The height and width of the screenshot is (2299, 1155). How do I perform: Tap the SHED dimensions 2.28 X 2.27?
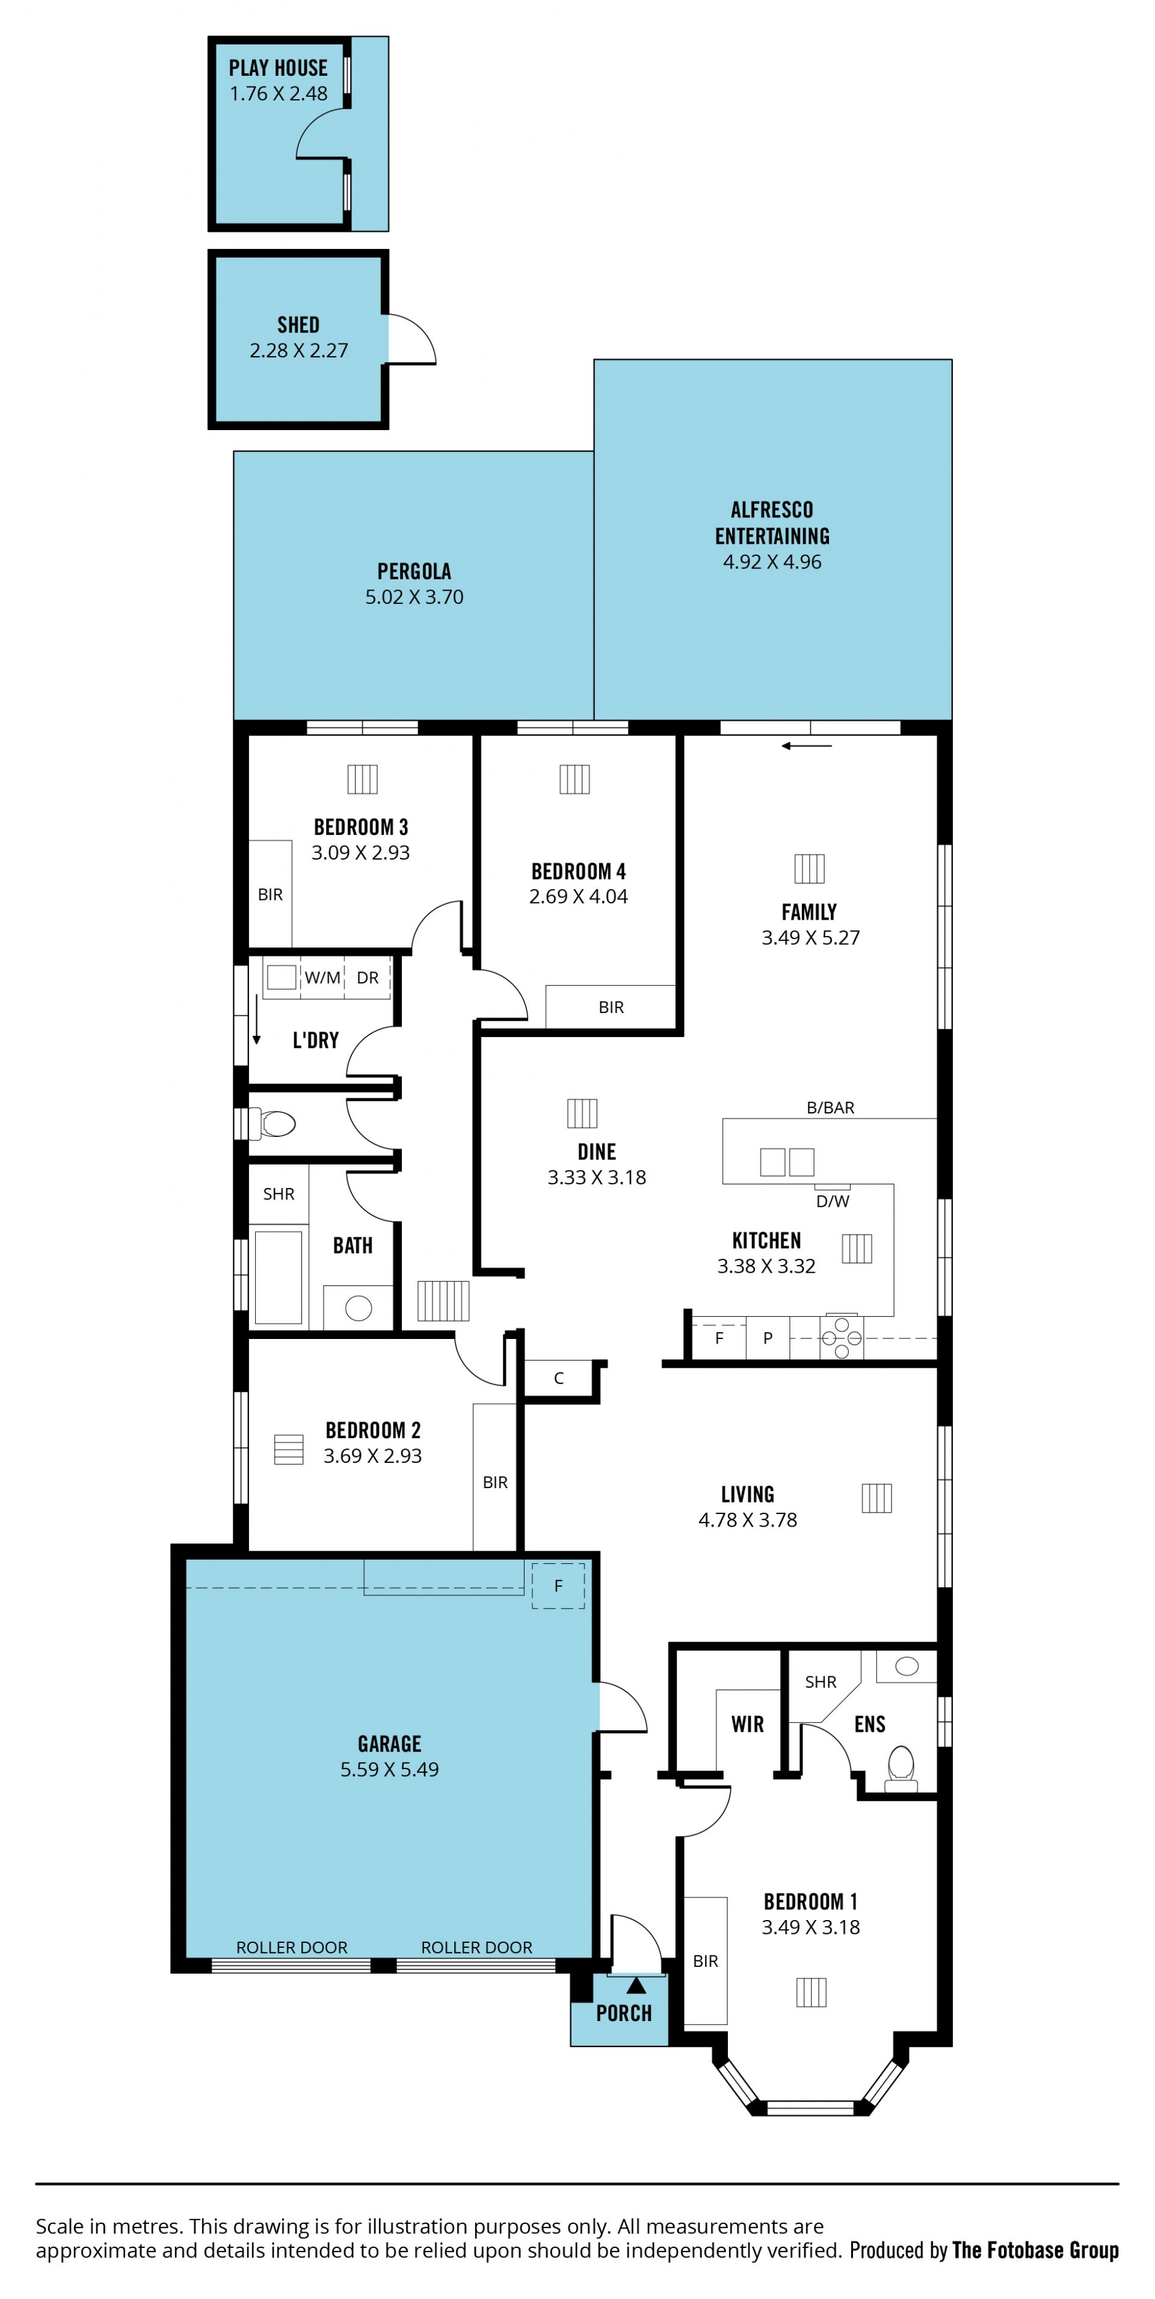(x=299, y=351)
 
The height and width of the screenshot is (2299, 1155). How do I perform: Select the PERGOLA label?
(x=414, y=571)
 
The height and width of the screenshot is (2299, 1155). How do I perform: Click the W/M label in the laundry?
(x=322, y=977)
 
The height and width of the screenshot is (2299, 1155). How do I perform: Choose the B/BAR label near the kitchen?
(x=830, y=1107)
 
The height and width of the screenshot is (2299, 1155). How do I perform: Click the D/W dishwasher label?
(x=832, y=1201)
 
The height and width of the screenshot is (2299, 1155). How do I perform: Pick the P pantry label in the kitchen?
(x=768, y=1338)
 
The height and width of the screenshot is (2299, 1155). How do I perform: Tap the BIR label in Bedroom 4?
(x=611, y=1008)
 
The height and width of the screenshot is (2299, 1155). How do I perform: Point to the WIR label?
(x=747, y=1724)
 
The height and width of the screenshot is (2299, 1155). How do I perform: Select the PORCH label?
(x=624, y=2013)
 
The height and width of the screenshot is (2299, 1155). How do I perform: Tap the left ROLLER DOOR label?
(x=292, y=1947)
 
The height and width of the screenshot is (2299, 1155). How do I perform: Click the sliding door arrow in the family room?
(x=807, y=746)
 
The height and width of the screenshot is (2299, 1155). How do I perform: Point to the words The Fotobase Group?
(x=1035, y=2250)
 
